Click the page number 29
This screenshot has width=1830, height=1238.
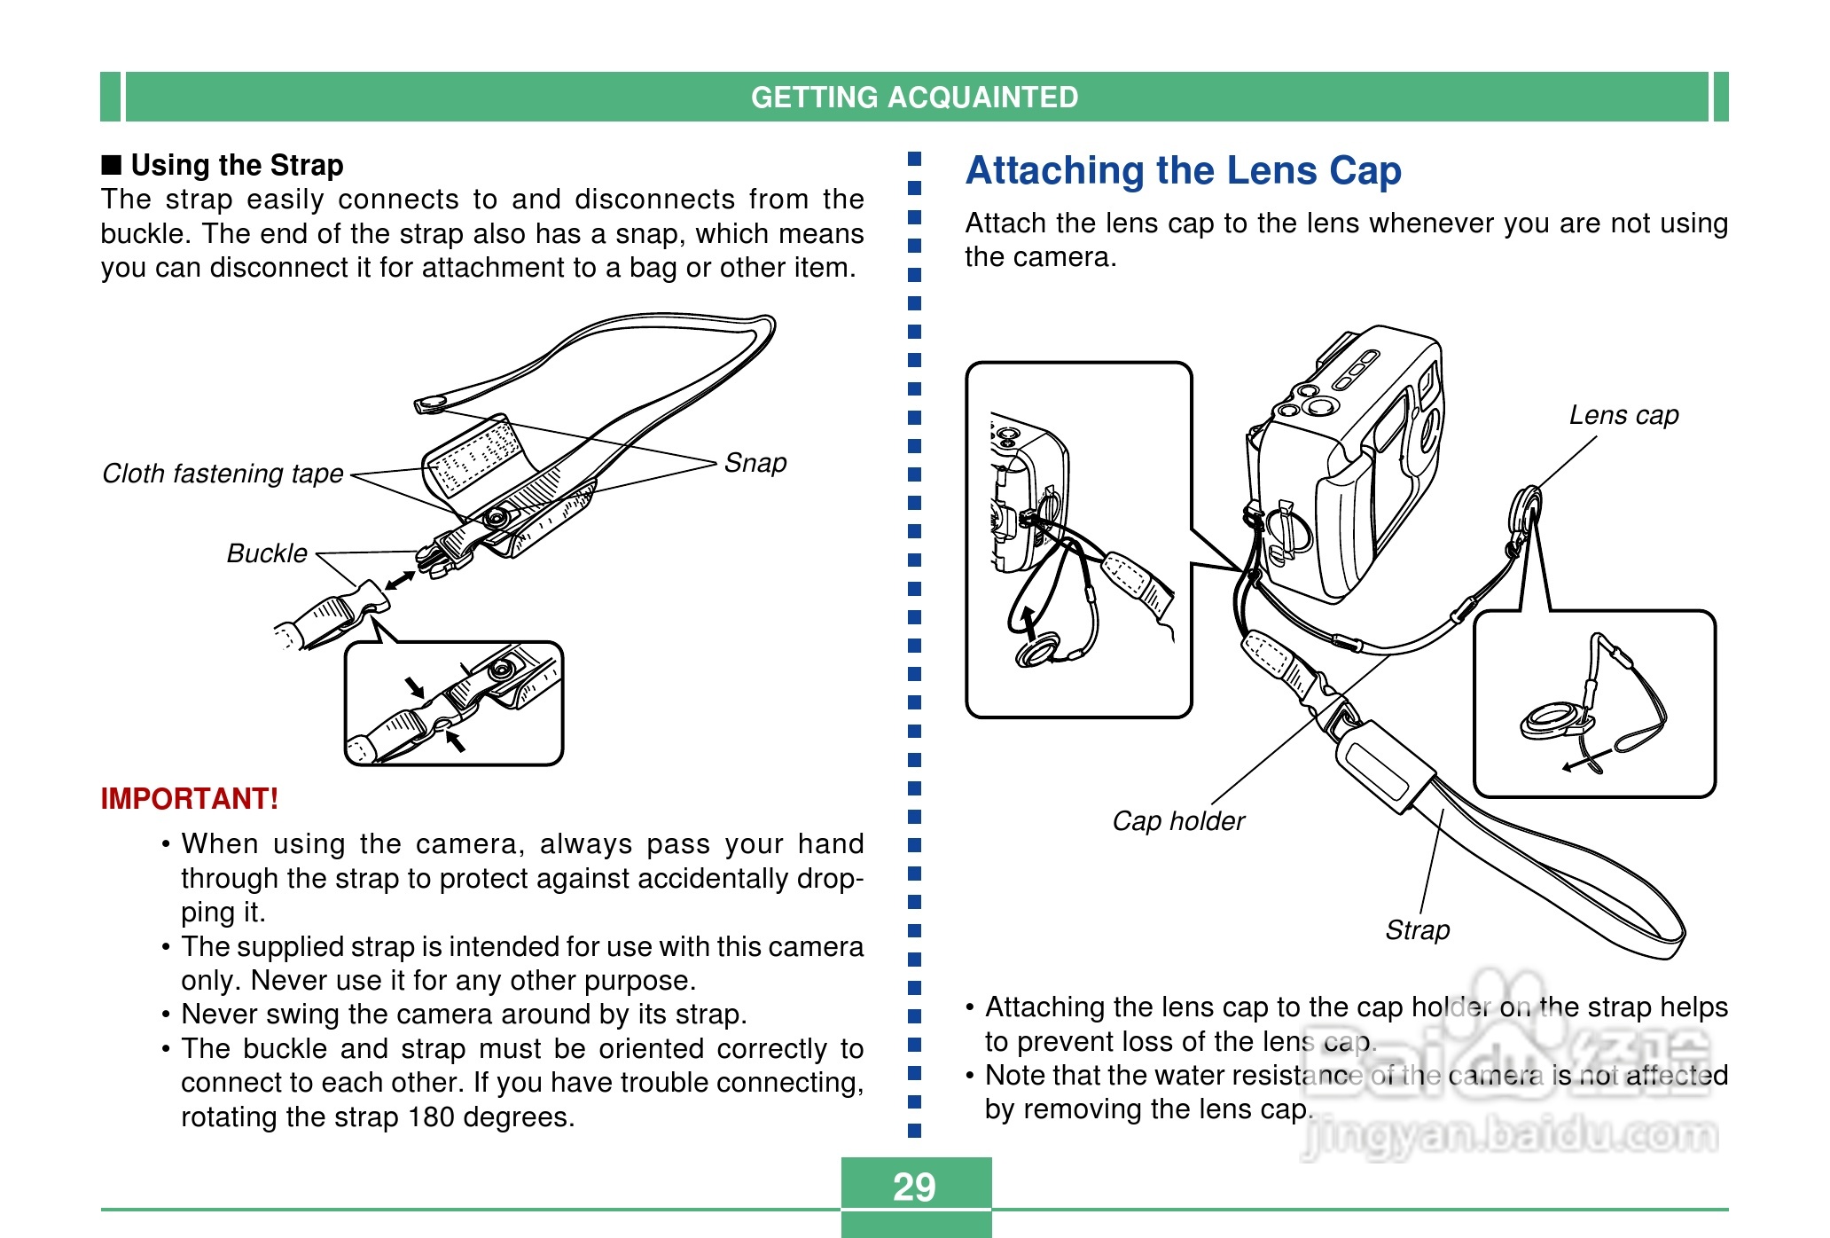(914, 1187)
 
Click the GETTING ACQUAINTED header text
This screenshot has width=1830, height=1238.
(914, 97)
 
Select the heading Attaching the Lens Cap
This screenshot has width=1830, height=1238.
(1184, 170)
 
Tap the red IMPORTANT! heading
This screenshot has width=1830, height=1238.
(190, 798)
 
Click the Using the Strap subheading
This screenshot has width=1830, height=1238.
(237, 165)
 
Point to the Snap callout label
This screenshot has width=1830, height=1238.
(755, 463)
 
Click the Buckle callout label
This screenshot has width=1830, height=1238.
(267, 553)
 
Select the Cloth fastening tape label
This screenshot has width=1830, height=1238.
(223, 474)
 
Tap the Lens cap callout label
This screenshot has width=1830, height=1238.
(1623, 415)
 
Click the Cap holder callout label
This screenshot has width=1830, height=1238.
(1178, 821)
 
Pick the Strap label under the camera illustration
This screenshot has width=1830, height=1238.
(1418, 930)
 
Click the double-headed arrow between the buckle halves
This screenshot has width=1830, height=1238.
(400, 581)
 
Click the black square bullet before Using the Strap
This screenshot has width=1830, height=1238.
(111, 165)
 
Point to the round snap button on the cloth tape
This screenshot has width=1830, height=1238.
(497, 516)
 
